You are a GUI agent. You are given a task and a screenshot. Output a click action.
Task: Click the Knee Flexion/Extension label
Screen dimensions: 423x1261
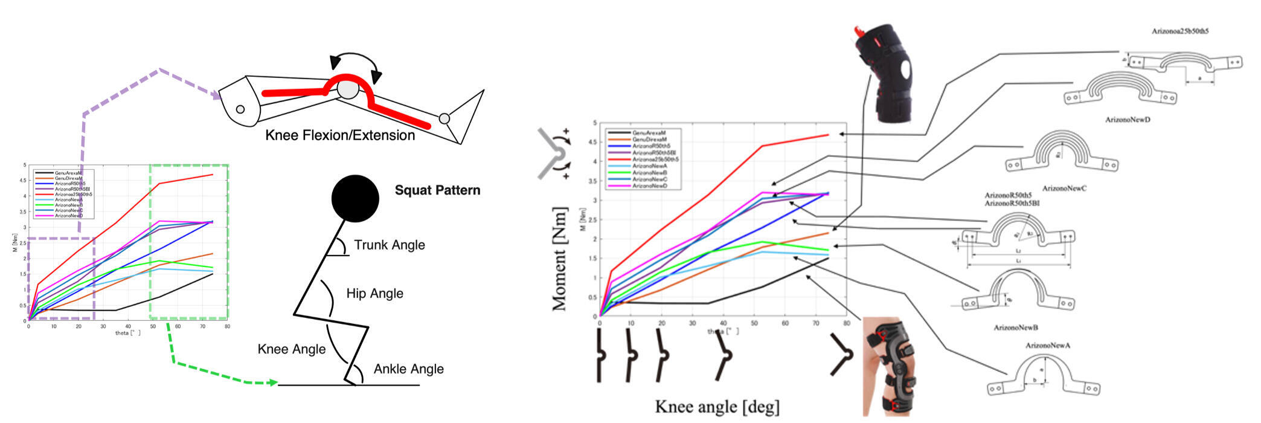(x=340, y=135)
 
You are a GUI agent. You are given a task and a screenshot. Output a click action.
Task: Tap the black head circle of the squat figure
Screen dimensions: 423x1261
(x=355, y=198)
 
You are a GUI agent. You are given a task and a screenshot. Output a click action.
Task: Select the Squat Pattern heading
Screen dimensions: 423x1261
(x=437, y=190)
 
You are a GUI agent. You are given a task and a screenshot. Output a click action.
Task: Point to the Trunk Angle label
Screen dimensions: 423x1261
(x=389, y=245)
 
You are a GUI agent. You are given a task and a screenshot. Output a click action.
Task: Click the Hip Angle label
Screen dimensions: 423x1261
(x=374, y=294)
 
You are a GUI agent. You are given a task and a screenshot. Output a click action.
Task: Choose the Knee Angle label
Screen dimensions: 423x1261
(x=291, y=349)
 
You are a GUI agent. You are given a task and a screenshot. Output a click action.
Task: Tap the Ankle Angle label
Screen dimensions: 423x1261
(x=408, y=369)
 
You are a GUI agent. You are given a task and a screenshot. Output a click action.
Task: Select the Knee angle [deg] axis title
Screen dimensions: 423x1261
(x=717, y=407)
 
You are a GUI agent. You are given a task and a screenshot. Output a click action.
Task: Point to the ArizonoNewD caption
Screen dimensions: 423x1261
(x=1127, y=120)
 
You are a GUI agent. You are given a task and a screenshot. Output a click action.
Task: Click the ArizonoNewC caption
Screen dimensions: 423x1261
(x=1064, y=189)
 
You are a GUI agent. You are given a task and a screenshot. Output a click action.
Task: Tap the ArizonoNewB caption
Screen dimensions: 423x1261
(x=1016, y=328)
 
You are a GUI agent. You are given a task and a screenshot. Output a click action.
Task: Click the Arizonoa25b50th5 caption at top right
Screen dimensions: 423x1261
(x=1179, y=31)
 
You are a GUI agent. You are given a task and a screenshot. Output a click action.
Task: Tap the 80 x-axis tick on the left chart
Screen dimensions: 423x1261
(x=227, y=327)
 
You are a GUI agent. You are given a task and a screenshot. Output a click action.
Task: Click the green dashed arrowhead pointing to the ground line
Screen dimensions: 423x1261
(x=273, y=383)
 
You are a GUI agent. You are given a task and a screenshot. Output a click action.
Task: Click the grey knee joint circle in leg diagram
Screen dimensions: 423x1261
(x=347, y=89)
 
